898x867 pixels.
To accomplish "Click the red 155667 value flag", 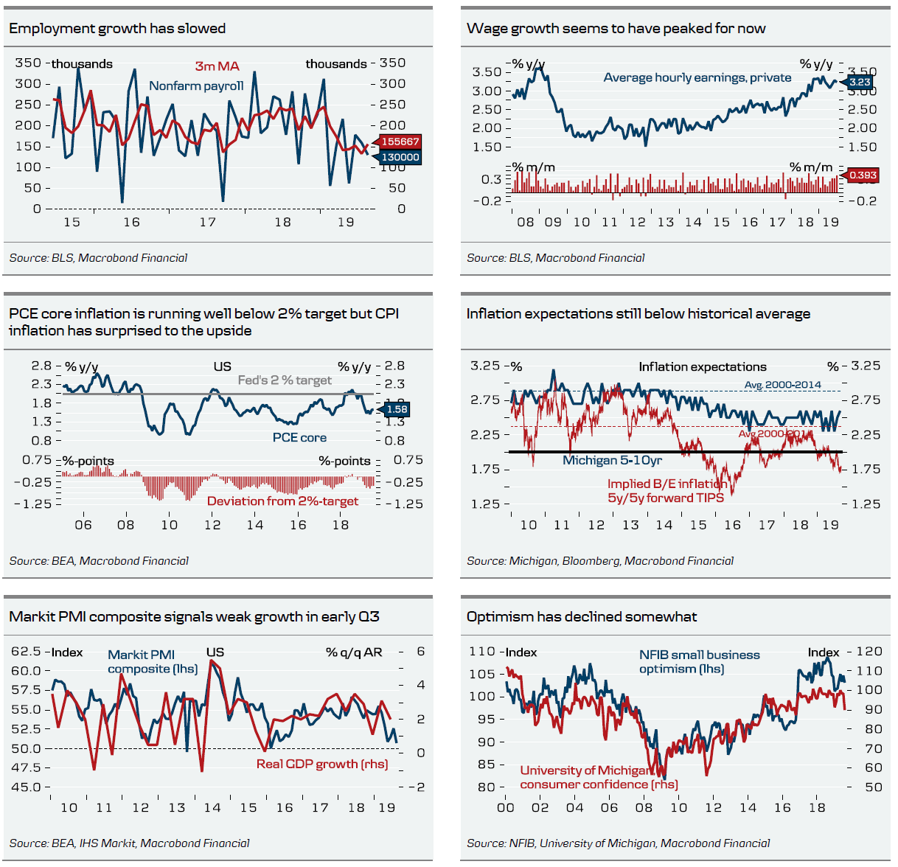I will point(400,142).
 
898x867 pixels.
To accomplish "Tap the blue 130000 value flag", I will point(400,157).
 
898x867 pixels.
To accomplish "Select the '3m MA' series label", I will point(217,66).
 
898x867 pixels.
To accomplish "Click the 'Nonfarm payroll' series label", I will point(196,86).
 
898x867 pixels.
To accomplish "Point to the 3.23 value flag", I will point(860,82).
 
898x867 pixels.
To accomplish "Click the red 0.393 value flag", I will point(863,175).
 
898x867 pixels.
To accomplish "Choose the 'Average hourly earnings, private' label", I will point(697,77).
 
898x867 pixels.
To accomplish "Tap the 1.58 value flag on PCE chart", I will point(397,409).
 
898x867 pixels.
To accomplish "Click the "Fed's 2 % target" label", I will point(285,380).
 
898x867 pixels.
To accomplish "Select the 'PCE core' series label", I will point(299,438).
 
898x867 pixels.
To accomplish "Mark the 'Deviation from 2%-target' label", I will point(282,501).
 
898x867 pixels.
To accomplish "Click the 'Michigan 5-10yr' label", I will point(612,461).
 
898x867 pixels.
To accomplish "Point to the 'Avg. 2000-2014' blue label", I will point(782,385).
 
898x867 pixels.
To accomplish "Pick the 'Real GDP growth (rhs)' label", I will point(322,764).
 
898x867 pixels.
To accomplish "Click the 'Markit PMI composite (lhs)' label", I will point(152,661).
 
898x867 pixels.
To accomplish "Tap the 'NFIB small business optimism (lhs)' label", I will point(699,661).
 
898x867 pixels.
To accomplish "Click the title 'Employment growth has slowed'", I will point(117,29).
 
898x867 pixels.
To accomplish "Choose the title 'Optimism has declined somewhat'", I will point(581,617).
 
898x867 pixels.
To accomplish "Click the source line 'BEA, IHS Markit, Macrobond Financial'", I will point(129,843).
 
